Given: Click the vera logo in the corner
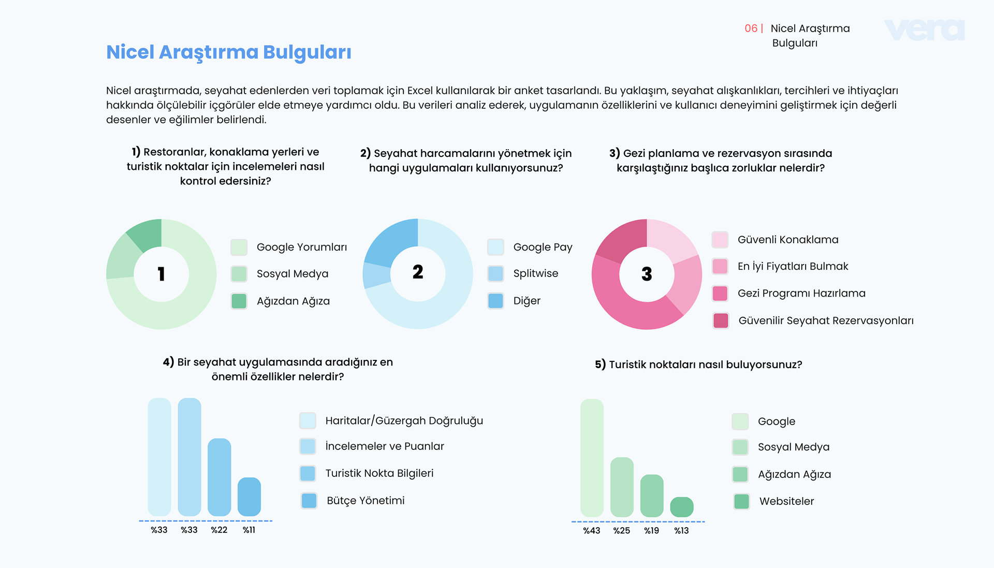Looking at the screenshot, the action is pos(925,30).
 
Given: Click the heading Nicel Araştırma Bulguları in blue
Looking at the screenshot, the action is pos(229,52).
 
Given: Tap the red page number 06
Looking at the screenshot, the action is pos(751,28).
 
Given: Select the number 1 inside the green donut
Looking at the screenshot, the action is pos(162,274).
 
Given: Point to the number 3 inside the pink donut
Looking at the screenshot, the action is pos(647,274).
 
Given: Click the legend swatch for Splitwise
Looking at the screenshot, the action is pos(495,273).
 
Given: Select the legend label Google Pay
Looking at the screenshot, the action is pos(543,247).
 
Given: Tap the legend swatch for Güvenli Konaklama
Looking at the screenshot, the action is pos(720,240).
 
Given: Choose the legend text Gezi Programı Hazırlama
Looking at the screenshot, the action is pos(801,293).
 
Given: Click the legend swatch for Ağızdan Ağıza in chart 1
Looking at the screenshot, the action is pos(239,301).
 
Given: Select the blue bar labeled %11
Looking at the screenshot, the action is pos(249,497).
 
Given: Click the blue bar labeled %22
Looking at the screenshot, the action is pos(219,477).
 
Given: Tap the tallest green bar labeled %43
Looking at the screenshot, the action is pos(592,458).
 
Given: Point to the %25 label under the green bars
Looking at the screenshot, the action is pos(622,531).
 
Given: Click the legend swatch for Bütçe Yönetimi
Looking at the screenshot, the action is pos(309,501).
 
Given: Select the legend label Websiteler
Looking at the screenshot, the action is pos(786,501).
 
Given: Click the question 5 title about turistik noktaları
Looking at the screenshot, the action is pos(698,365).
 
